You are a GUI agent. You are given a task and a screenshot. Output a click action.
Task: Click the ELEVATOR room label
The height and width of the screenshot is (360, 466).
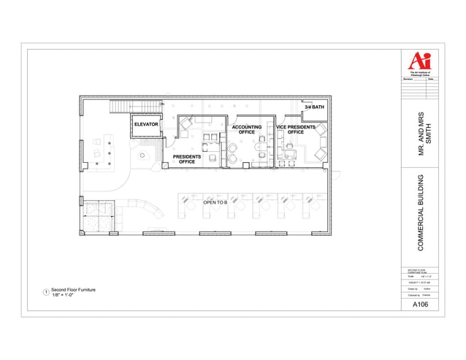click(146, 124)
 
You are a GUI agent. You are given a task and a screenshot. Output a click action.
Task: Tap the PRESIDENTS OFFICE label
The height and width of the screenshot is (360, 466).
click(187, 159)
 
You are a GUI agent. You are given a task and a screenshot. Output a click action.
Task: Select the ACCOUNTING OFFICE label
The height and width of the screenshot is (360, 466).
click(247, 130)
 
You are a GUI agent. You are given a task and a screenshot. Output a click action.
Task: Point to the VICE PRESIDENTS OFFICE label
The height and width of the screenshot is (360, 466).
click(296, 130)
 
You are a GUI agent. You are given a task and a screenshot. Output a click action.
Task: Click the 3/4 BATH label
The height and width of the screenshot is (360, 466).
click(314, 107)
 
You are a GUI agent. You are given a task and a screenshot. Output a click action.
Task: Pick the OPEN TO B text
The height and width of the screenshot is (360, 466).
click(215, 202)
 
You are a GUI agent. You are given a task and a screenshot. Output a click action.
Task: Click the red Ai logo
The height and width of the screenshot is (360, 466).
click(419, 60)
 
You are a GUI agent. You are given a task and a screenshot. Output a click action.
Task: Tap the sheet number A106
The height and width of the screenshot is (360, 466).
click(420, 305)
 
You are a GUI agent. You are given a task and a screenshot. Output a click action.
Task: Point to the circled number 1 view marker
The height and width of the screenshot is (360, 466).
click(47, 293)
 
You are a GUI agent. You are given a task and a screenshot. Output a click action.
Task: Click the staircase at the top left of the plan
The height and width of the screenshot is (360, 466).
click(120, 108)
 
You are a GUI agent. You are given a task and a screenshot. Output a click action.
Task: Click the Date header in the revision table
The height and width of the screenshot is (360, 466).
click(430, 79)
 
